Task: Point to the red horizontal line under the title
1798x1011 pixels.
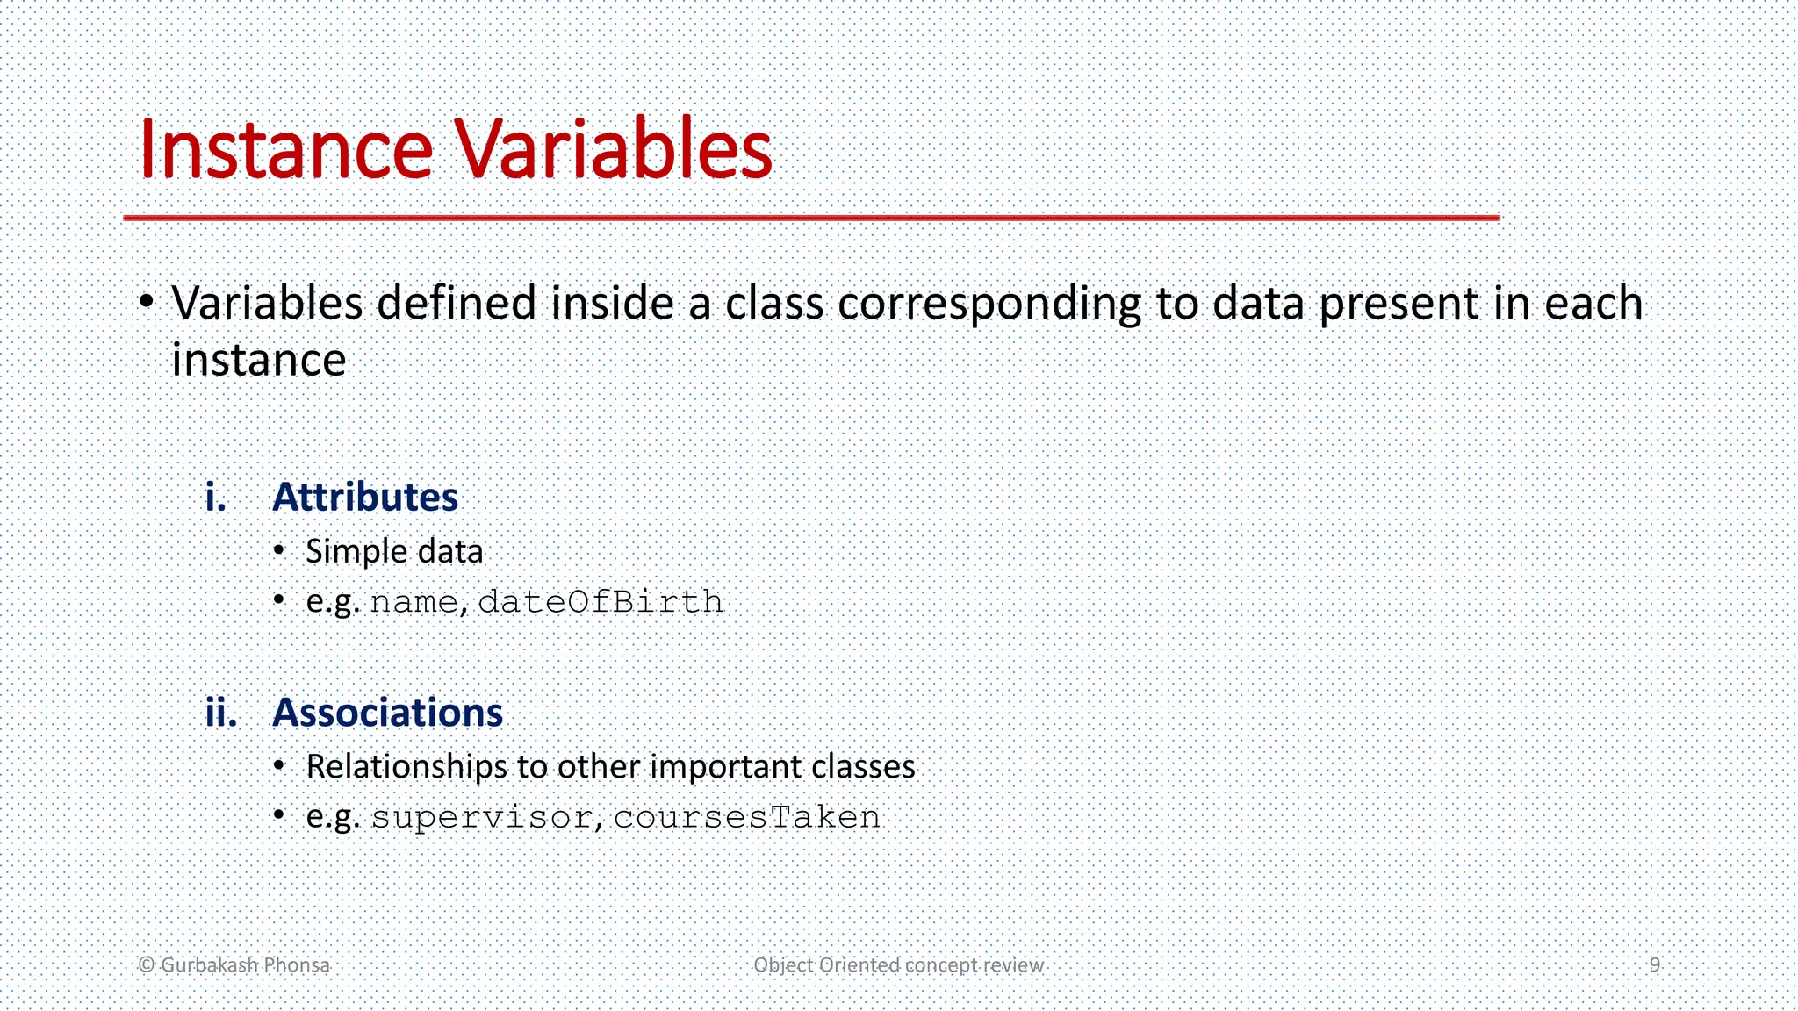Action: click(x=810, y=217)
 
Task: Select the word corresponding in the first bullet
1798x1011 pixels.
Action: click(x=989, y=305)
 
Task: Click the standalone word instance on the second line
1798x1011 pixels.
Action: click(x=259, y=361)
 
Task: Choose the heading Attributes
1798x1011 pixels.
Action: click(x=365, y=498)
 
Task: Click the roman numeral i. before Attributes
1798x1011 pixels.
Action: click(x=215, y=498)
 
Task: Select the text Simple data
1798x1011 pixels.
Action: click(x=394, y=552)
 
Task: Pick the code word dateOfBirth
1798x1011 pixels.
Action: click(x=601, y=602)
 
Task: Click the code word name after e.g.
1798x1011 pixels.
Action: click(x=414, y=603)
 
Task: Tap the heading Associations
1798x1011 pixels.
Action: click(x=387, y=713)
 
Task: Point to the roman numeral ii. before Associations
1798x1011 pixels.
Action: click(x=221, y=713)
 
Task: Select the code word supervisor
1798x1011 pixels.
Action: click(x=481, y=818)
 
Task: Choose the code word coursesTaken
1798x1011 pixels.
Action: click(x=746, y=817)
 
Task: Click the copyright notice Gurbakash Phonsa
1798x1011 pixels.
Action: click(x=234, y=964)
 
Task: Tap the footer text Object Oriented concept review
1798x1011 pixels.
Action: click(x=898, y=964)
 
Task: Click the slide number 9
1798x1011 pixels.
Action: click(x=1654, y=964)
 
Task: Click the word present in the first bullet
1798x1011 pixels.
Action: click(x=1399, y=305)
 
